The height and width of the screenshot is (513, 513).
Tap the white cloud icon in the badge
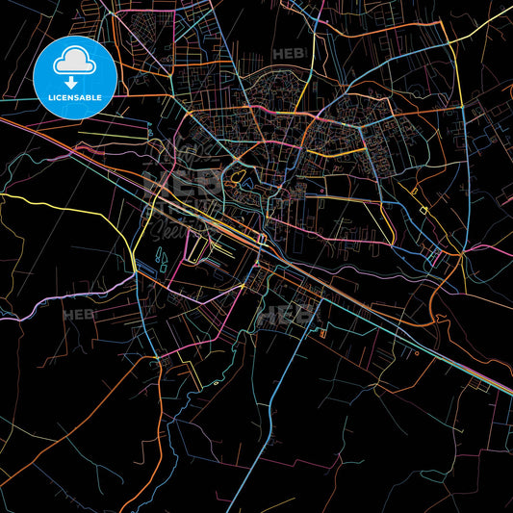coord(73,61)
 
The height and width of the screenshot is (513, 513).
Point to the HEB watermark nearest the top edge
coord(287,54)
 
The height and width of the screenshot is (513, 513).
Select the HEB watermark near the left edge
coord(77,314)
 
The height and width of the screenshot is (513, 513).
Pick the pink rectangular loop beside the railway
coord(197,248)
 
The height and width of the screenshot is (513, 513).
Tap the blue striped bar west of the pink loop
coord(163,257)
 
